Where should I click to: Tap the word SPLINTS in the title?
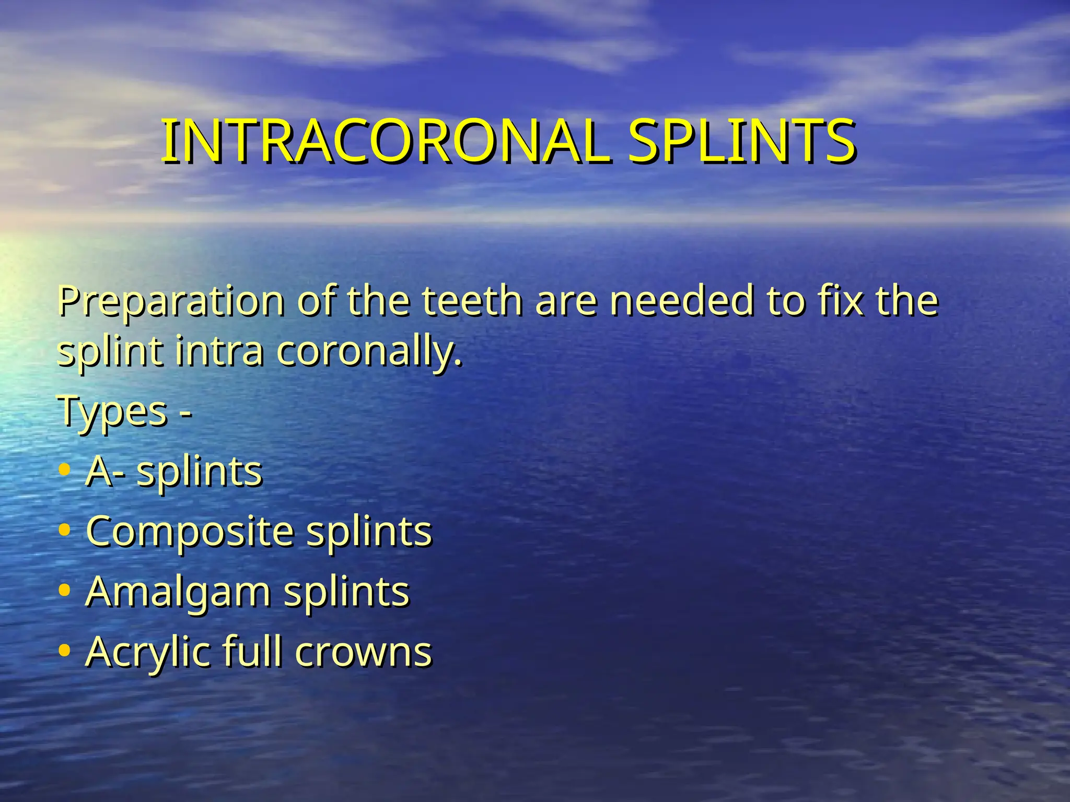click(x=741, y=141)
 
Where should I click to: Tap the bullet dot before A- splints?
click(x=65, y=470)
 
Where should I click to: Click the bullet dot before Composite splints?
click(x=65, y=530)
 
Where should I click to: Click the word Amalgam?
click(x=178, y=592)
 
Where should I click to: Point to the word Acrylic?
click(x=147, y=652)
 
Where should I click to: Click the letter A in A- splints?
click(x=100, y=471)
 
